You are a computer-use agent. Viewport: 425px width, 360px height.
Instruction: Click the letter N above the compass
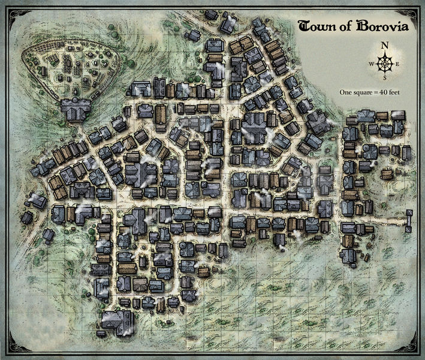[x=385, y=44]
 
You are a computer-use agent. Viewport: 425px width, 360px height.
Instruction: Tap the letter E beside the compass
[x=398, y=62]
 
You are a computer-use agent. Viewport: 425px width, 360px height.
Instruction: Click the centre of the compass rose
[x=385, y=62]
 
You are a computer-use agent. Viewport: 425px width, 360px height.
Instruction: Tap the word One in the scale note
[x=345, y=93]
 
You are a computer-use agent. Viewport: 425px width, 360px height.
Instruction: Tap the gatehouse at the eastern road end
[x=409, y=221]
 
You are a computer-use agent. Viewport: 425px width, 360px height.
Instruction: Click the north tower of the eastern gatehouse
[x=409, y=214]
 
